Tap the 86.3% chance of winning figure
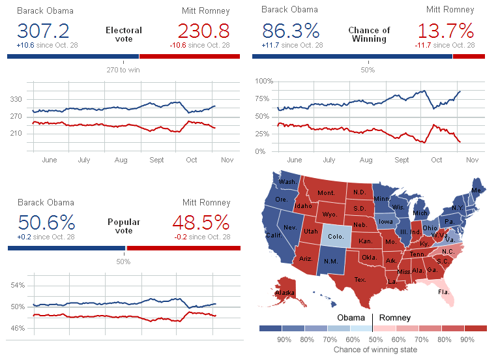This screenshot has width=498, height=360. tap(291, 31)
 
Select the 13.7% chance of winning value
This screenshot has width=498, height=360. tap(446, 31)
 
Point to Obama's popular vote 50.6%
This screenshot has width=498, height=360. tap(46, 222)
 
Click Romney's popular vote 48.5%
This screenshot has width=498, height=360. tap(201, 222)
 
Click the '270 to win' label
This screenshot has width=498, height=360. tap(123, 69)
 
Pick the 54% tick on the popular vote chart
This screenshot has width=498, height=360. tap(18, 286)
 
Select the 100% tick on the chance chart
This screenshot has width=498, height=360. tap(263, 81)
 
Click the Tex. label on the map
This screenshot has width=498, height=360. tap(360, 280)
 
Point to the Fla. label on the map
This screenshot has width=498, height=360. tap(444, 292)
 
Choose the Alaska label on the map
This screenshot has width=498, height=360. tap(285, 293)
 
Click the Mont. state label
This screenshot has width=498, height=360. tap(326, 194)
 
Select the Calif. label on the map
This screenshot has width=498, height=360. tap(273, 235)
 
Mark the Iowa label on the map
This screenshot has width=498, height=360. tap(386, 220)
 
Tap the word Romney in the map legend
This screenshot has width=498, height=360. tap(395, 318)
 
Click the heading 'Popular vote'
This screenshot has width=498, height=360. tap(124, 226)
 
